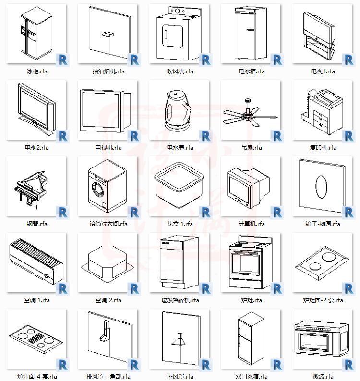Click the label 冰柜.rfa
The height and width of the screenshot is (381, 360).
click(37, 71)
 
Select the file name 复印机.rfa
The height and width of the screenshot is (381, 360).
click(323, 148)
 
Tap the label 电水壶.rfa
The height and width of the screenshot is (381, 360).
click(180, 148)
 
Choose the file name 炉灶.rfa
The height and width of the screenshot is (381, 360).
click(252, 300)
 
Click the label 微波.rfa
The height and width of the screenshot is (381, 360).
click(323, 377)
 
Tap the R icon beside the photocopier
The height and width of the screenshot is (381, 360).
click(348, 136)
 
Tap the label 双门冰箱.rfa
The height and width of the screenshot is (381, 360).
click(252, 377)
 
